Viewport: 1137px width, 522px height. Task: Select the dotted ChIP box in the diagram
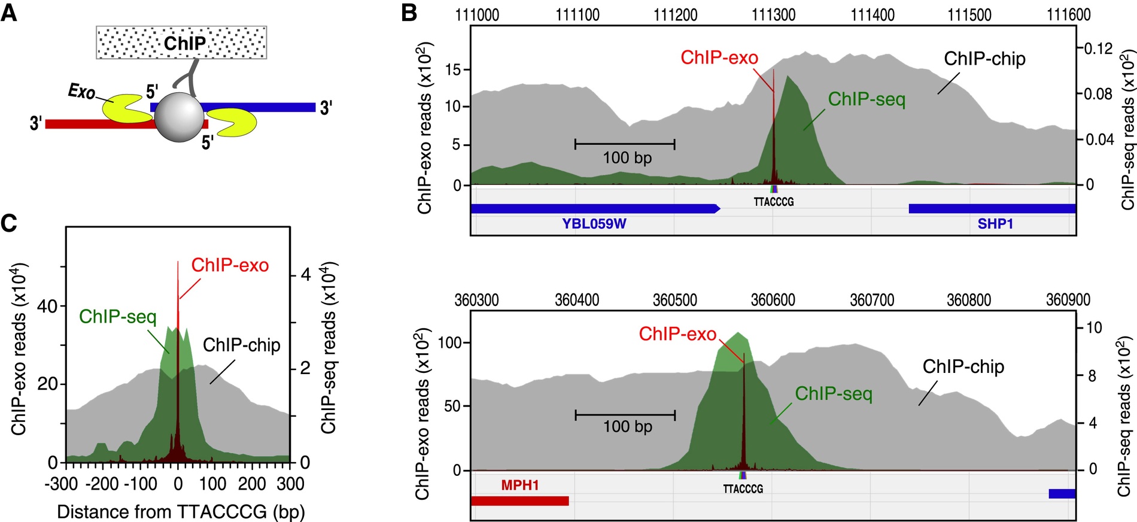[x=181, y=43]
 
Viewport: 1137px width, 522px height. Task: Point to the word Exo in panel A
[x=81, y=92]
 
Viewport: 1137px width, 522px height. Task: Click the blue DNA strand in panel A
[x=263, y=107]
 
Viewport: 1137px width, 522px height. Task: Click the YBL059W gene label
[x=594, y=224]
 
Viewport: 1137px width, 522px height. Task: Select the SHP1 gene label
[x=995, y=224]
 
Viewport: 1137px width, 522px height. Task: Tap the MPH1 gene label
[x=519, y=485]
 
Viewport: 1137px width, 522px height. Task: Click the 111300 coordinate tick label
[x=773, y=15]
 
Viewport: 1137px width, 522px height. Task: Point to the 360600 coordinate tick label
[x=773, y=300]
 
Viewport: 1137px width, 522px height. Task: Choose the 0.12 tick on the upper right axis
[x=1098, y=48]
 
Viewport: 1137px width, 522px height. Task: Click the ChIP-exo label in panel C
[x=230, y=265]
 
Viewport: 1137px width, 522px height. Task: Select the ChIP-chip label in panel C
[x=241, y=345]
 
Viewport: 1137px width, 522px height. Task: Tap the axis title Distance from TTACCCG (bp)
[x=181, y=512]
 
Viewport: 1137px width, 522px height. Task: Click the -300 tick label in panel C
[x=61, y=484]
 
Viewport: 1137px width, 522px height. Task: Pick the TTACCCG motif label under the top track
[x=773, y=202]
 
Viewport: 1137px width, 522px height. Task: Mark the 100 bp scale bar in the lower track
[x=625, y=415]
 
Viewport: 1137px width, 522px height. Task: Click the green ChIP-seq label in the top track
[x=867, y=99]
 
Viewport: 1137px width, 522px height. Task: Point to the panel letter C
[x=9, y=223]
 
